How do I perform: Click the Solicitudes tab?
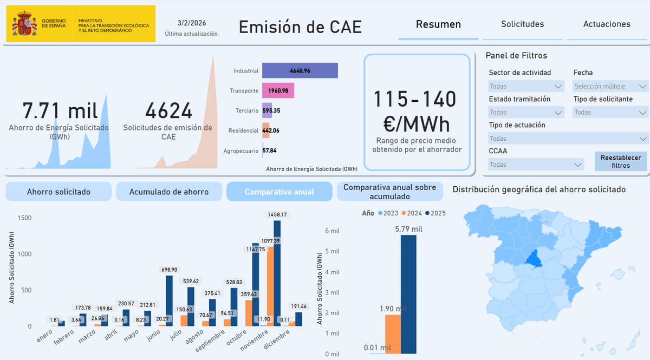[522, 24]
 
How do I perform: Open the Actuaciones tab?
[607, 24]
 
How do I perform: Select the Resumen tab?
[438, 24]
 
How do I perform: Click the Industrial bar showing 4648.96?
[300, 71]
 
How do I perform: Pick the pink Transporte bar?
[278, 91]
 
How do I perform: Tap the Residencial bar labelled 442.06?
[265, 130]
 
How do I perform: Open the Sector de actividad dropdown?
[526, 86]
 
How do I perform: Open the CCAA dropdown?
[536, 165]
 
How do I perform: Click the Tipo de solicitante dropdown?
[610, 113]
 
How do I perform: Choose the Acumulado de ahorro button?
[169, 192]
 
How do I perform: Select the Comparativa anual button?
[279, 192]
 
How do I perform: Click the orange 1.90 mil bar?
[392, 333]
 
